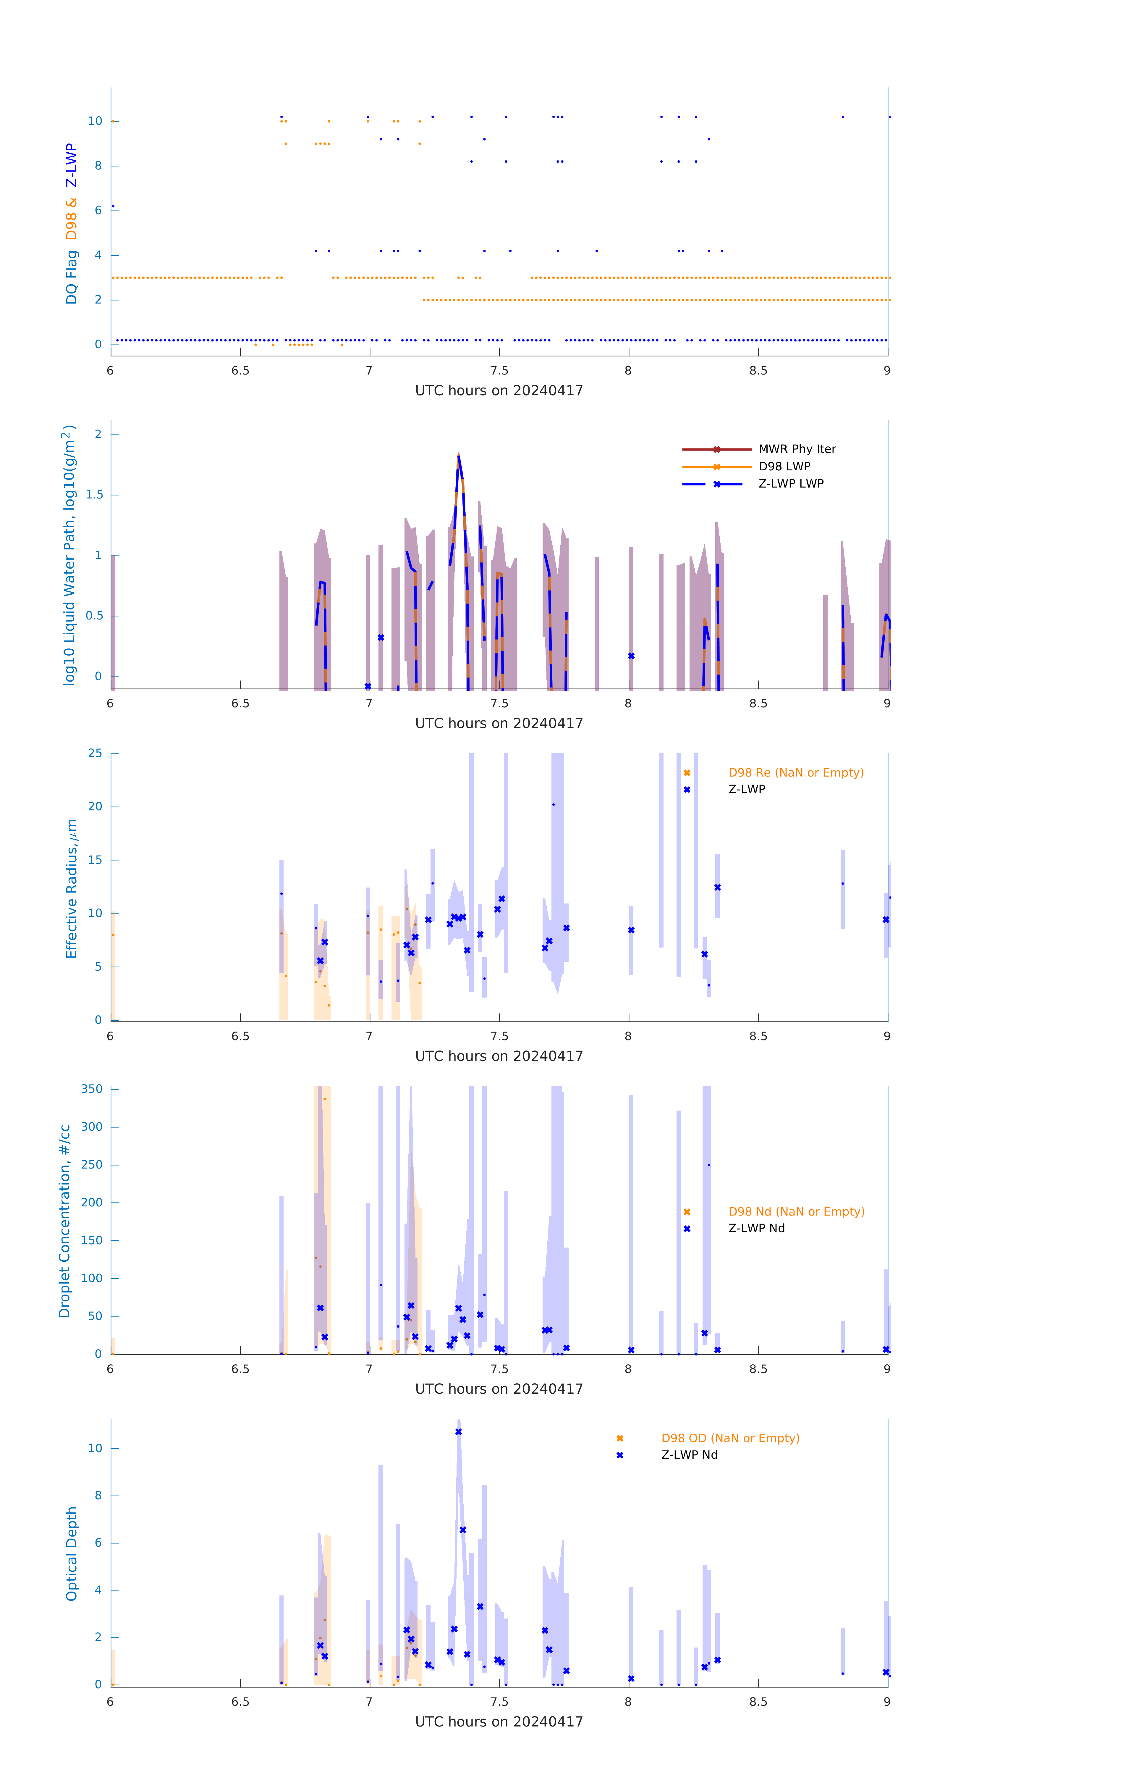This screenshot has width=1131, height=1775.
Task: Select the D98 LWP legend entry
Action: point(784,467)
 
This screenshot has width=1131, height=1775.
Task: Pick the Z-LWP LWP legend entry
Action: point(791,484)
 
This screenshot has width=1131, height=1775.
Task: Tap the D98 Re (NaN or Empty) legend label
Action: point(796,772)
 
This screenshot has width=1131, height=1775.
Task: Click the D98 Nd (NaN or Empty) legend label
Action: point(796,1212)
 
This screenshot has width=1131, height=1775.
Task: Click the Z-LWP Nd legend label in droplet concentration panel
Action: point(756,1229)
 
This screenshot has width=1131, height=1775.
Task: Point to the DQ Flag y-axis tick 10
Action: point(95,121)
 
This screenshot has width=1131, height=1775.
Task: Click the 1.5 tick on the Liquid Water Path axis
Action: point(94,495)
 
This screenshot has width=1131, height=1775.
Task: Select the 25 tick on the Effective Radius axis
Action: point(95,753)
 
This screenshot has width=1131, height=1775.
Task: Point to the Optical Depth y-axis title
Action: point(72,1554)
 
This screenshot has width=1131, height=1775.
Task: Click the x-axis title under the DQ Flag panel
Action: point(499,391)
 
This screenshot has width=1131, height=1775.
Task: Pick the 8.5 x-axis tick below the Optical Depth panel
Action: point(758,1702)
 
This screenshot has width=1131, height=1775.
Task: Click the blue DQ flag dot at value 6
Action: point(113,206)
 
